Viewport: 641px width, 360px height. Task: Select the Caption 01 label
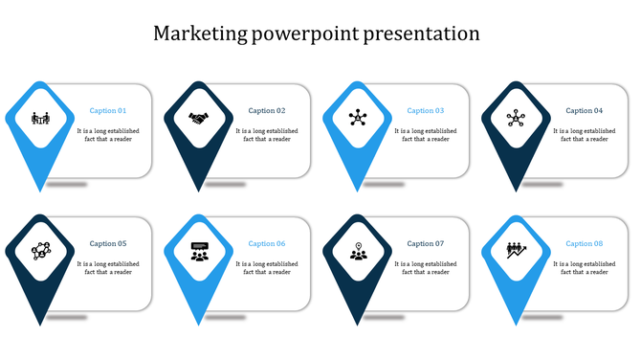click(x=108, y=111)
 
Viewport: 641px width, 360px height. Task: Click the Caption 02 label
click(x=267, y=111)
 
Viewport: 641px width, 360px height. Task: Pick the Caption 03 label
click(x=426, y=111)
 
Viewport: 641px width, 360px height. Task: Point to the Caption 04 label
click(x=585, y=111)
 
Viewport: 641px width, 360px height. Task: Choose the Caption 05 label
click(x=108, y=244)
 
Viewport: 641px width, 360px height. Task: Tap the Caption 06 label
click(x=267, y=244)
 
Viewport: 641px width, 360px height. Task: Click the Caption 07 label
click(x=426, y=244)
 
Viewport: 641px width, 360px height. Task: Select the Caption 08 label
click(x=585, y=244)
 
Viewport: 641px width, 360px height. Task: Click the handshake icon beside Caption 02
click(x=199, y=119)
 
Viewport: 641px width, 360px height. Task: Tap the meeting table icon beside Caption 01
click(x=40, y=119)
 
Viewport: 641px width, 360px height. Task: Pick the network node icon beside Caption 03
click(x=358, y=119)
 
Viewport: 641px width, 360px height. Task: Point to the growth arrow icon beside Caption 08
click(x=517, y=251)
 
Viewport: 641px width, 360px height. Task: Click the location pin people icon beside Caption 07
click(x=358, y=251)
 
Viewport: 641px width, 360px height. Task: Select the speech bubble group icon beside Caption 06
click(x=199, y=251)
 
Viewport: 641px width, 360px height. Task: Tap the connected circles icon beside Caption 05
click(x=40, y=251)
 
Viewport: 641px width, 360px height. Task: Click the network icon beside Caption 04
click(x=517, y=119)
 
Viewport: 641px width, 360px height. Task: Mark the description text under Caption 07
click(x=426, y=267)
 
